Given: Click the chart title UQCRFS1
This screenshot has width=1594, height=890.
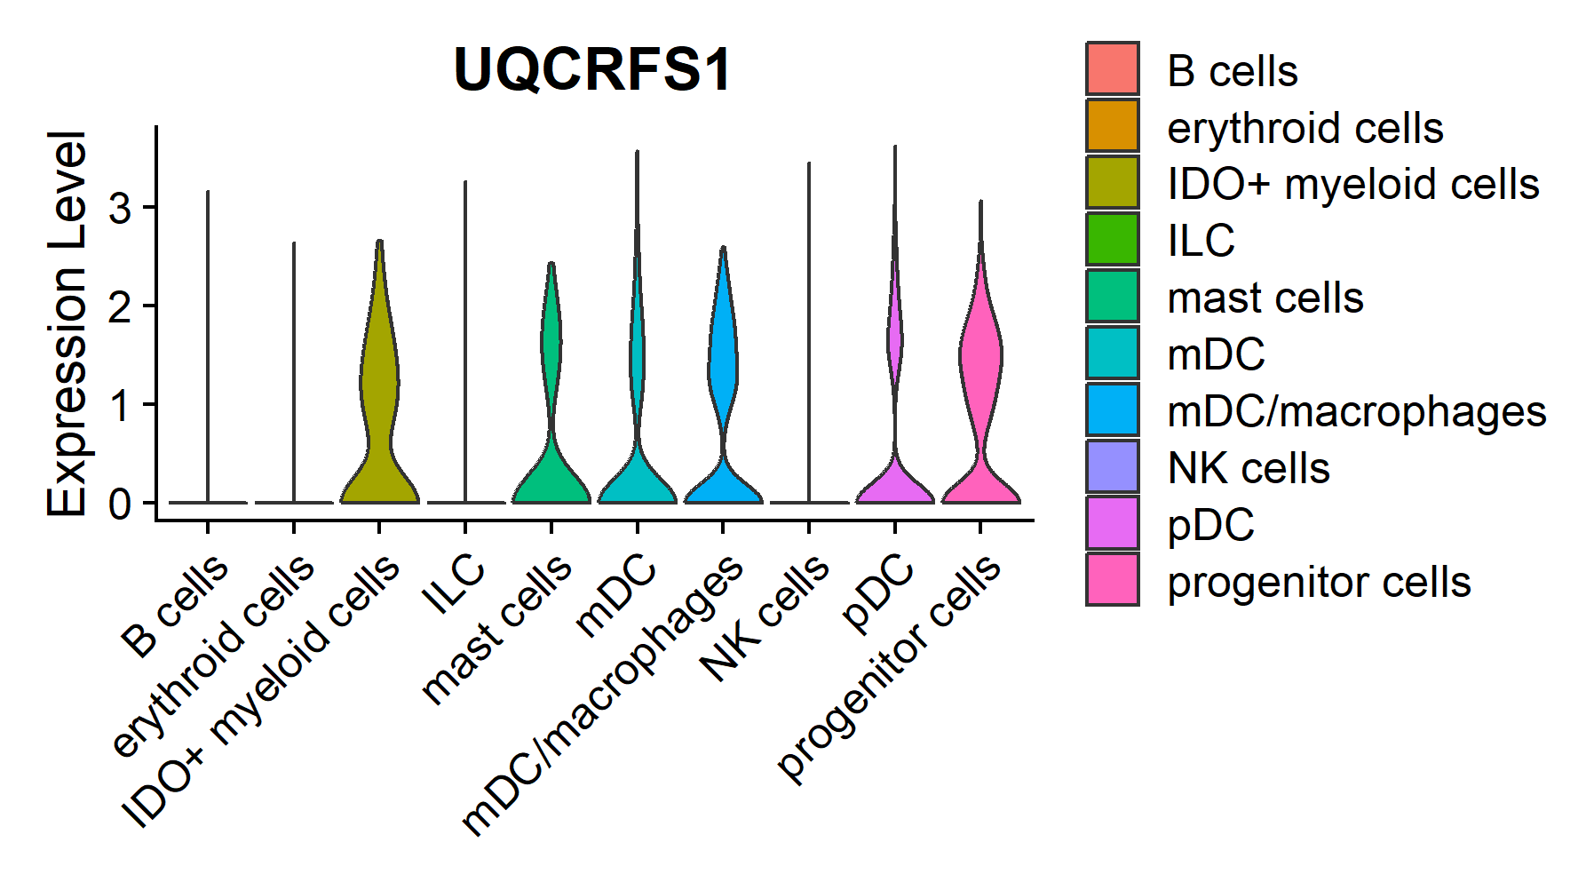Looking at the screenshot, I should coord(592,69).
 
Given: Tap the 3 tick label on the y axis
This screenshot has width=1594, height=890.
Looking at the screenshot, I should coord(120,209).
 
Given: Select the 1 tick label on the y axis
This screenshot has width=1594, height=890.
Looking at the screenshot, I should coord(120,405).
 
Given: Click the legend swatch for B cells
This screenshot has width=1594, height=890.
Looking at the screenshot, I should coord(1112,68).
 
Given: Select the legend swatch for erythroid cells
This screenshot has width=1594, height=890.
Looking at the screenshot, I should coord(1112,125).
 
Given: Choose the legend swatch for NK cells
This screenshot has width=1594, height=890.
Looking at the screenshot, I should coord(1112,466).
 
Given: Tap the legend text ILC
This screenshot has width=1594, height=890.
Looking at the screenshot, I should coord(1201,241).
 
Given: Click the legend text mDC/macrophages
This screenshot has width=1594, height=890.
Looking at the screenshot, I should coord(1356,411).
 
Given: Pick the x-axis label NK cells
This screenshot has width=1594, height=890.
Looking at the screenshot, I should coord(765,618).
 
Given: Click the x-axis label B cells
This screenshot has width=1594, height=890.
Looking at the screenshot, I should coord(176,606).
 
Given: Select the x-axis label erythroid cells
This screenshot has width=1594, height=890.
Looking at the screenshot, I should coord(214,656).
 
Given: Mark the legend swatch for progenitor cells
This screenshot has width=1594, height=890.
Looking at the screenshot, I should coord(1112,580).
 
